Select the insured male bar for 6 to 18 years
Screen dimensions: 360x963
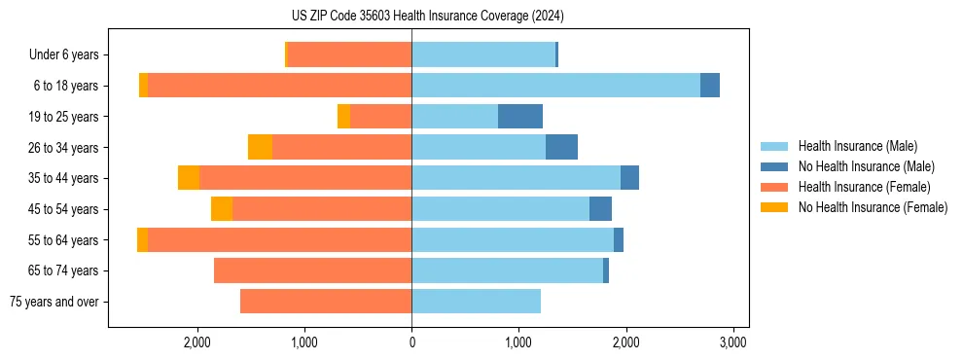[555, 86]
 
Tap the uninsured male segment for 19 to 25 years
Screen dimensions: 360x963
[520, 117]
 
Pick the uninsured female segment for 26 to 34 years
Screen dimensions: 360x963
[260, 147]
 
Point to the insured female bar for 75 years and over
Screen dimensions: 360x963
[326, 302]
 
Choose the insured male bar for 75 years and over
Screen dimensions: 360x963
[476, 302]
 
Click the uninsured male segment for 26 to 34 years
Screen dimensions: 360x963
[561, 147]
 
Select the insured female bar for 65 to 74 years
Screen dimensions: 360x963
[312, 270]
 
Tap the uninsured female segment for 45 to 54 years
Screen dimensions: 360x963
[222, 209]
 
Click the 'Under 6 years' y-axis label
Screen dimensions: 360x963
[64, 55]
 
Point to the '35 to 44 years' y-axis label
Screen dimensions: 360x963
[63, 178]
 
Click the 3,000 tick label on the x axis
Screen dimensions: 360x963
[732, 342]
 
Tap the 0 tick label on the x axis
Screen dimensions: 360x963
[411, 342]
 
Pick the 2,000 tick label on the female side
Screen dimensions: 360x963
[197, 342]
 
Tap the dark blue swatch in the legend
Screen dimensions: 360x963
[774, 166]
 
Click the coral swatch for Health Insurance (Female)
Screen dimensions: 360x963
[774, 187]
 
